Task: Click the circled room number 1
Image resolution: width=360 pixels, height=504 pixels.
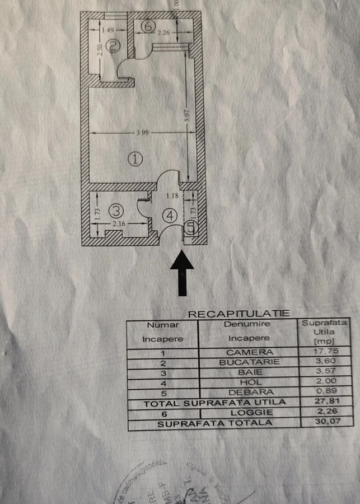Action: click(135, 159)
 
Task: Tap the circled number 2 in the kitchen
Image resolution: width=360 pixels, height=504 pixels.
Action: click(113, 46)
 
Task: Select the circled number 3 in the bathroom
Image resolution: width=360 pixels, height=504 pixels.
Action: click(115, 211)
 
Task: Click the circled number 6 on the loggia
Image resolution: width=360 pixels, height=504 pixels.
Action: click(147, 26)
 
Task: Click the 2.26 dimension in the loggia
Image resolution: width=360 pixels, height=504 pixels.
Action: click(164, 34)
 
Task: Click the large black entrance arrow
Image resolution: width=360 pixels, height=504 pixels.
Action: click(181, 273)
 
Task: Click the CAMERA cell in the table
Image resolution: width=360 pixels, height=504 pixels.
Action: click(250, 353)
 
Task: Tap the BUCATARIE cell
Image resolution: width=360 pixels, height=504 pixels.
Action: click(250, 363)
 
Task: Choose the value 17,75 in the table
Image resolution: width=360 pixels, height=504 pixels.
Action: click(325, 353)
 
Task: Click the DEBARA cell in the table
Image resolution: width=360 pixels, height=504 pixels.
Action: click(250, 393)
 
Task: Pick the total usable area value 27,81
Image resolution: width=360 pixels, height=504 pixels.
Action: click(325, 402)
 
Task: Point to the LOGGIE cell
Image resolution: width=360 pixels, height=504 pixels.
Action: click(250, 413)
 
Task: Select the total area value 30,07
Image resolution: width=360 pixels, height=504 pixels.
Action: click(325, 423)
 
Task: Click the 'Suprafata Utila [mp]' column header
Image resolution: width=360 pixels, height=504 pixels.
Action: click(325, 332)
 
